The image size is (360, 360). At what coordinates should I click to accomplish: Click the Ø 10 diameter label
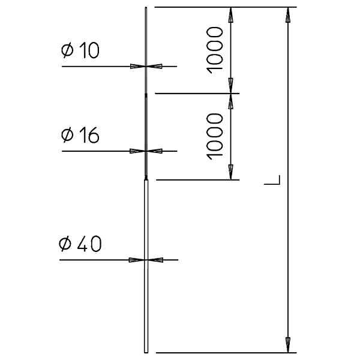point(80,50)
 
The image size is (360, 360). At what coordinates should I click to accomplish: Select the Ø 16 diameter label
point(80,135)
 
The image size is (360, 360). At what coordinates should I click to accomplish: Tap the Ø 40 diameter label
point(80,244)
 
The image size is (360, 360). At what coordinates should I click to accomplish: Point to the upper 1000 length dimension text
point(215,50)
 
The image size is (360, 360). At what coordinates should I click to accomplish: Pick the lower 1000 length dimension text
point(215,136)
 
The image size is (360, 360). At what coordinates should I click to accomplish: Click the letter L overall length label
point(272,180)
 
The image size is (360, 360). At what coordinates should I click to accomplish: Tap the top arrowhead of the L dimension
point(288,15)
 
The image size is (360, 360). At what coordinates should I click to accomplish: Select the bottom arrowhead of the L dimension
point(288,345)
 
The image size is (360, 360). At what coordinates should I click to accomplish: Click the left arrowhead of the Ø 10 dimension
point(138,67)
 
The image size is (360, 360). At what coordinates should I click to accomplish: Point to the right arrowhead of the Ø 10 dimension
point(154,67)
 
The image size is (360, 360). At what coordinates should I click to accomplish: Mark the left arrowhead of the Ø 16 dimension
point(137,151)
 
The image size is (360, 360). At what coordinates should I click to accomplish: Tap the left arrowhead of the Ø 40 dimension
point(137,260)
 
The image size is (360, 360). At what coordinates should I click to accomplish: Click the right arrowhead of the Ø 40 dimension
point(155,260)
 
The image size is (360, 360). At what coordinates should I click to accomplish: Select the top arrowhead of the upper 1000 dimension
point(231,15)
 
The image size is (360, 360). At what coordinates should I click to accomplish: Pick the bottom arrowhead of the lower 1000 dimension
point(231,172)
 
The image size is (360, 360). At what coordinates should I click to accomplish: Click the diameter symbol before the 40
point(65,244)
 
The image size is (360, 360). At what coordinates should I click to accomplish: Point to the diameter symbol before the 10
point(67,50)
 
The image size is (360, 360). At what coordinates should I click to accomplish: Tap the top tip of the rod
point(146,7)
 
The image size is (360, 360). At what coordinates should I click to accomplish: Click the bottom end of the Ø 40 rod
point(146,352)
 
